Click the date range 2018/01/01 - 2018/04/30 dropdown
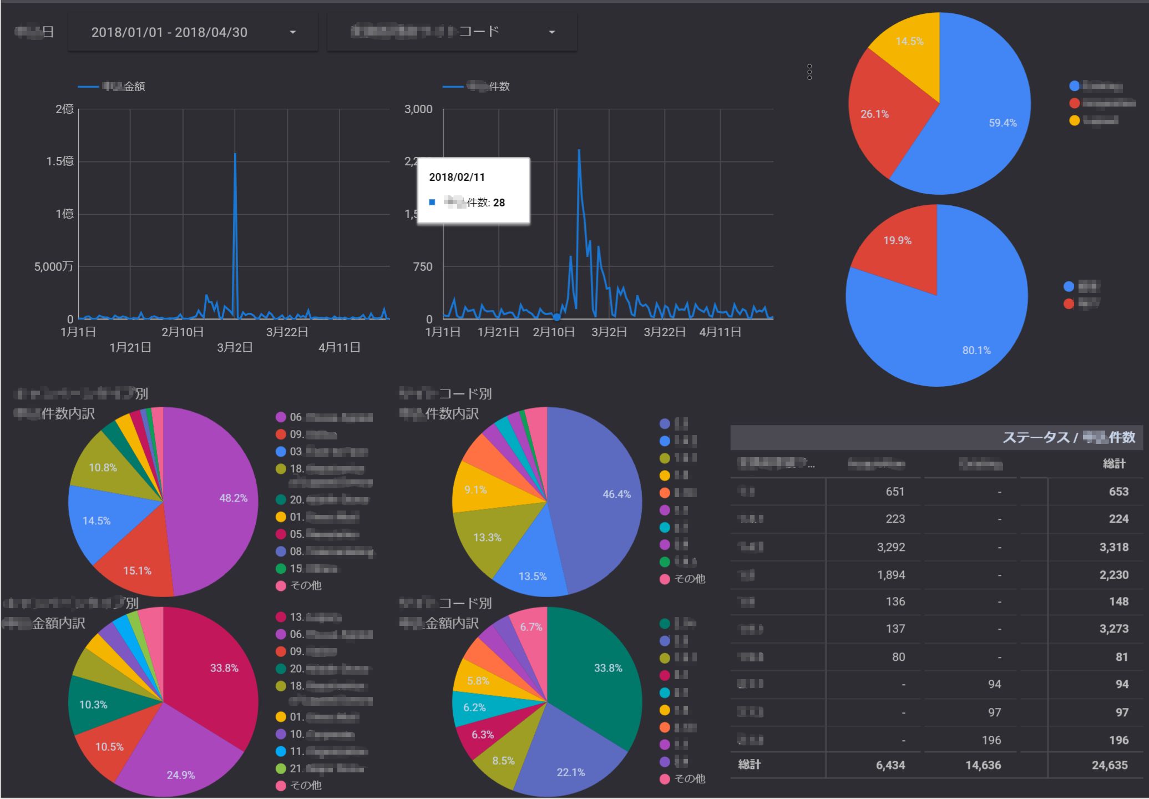tap(193, 32)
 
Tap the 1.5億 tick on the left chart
tap(60, 161)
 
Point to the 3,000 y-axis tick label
tap(418, 109)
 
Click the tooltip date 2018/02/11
tap(457, 177)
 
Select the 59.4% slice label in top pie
tap(1003, 123)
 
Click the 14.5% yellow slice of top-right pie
tap(909, 41)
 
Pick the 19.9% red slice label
tap(897, 240)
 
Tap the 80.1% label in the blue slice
tap(976, 350)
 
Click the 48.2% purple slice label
tap(233, 498)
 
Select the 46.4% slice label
tap(616, 494)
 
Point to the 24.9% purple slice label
tap(180, 775)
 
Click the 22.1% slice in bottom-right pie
tap(570, 772)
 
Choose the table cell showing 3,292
tap(891, 547)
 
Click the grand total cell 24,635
tap(1110, 765)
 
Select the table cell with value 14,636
tap(983, 765)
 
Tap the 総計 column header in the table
tap(1113, 464)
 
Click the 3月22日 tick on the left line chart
tap(287, 332)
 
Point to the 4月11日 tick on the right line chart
tap(720, 332)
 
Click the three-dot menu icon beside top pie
tap(809, 72)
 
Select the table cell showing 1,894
tap(891, 575)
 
